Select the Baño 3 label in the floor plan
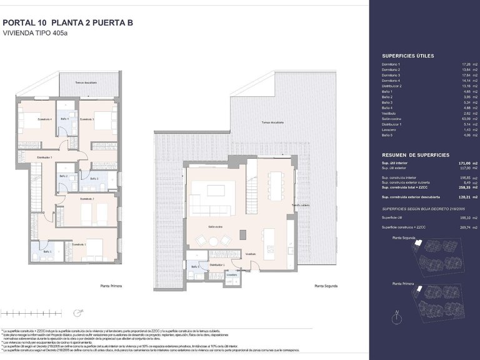pos(94,179)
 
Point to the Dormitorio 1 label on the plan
pos(78,244)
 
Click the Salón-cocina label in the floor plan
pos(216,226)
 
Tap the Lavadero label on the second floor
pos(231,274)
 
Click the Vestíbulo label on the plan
pos(251,254)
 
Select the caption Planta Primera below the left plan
pos(111,286)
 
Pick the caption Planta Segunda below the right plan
pos(326,286)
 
